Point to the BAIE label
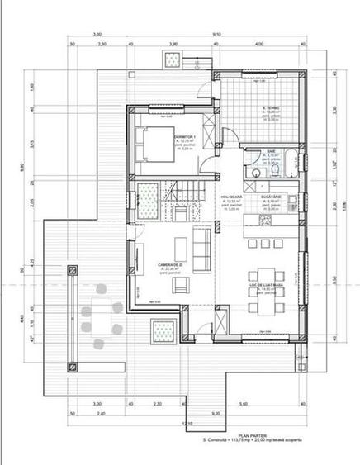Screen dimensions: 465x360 point(270,151)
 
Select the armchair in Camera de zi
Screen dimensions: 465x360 point(180,286)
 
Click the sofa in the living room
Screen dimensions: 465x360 point(200,244)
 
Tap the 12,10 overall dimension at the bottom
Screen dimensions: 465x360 point(188,423)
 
